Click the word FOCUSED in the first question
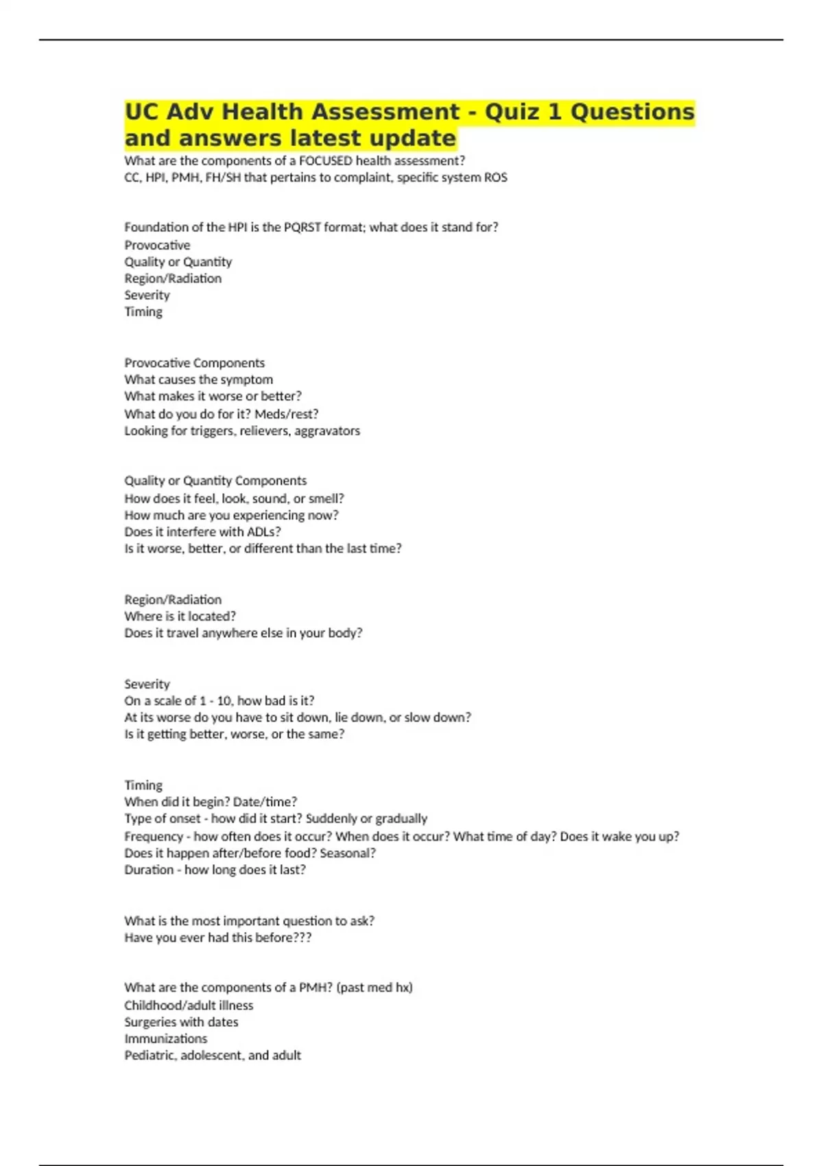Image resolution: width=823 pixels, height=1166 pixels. (326, 161)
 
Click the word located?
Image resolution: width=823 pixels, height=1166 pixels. (212, 616)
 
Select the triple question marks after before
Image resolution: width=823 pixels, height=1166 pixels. (303, 938)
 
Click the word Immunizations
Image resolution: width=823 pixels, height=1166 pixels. (165, 1038)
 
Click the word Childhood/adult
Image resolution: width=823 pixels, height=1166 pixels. (169, 1006)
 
